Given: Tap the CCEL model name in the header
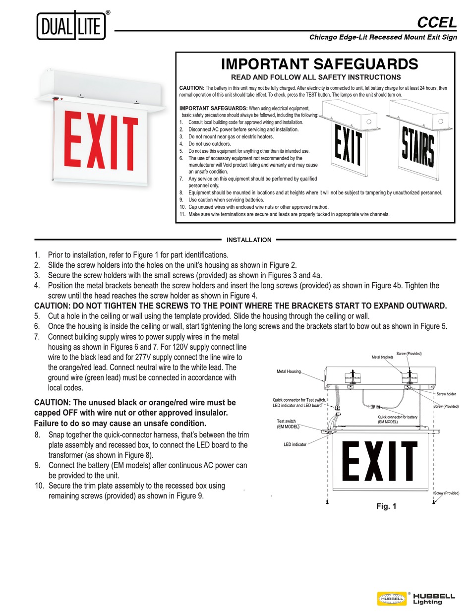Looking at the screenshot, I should pyautogui.click(x=436, y=22).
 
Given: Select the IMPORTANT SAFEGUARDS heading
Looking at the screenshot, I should pyautogui.click(x=319, y=64).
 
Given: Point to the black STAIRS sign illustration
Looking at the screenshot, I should pyautogui.click(x=418, y=146).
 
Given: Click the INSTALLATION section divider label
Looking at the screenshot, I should pyautogui.click(x=249, y=240).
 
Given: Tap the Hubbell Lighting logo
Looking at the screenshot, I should pyautogui.click(x=416, y=598).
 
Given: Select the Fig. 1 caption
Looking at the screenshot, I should pyautogui.click(x=386, y=506).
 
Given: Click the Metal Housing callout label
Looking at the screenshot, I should pyautogui.click(x=289, y=371).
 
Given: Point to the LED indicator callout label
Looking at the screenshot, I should pyautogui.click(x=295, y=444).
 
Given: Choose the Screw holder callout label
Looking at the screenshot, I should pyautogui.click(x=446, y=394).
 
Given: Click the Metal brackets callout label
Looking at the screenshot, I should pyautogui.click(x=382, y=357).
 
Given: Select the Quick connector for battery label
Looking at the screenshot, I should pyautogui.click(x=398, y=420).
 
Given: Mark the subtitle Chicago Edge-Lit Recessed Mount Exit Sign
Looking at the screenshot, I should pyautogui.click(x=383, y=37).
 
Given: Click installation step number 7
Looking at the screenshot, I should pyautogui.click(x=37, y=337).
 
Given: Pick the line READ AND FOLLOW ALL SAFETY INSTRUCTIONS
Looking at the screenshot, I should pyautogui.click(x=316, y=77).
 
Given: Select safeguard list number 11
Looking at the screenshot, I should pyautogui.click(x=182, y=214).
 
